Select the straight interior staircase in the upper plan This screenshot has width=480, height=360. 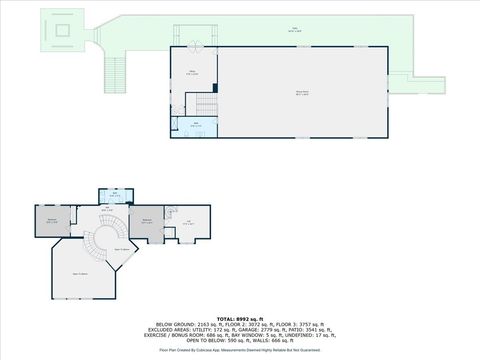208,103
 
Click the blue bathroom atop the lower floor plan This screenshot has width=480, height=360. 115,196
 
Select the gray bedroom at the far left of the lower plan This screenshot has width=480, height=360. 51,220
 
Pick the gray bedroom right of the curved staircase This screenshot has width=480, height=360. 147,220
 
